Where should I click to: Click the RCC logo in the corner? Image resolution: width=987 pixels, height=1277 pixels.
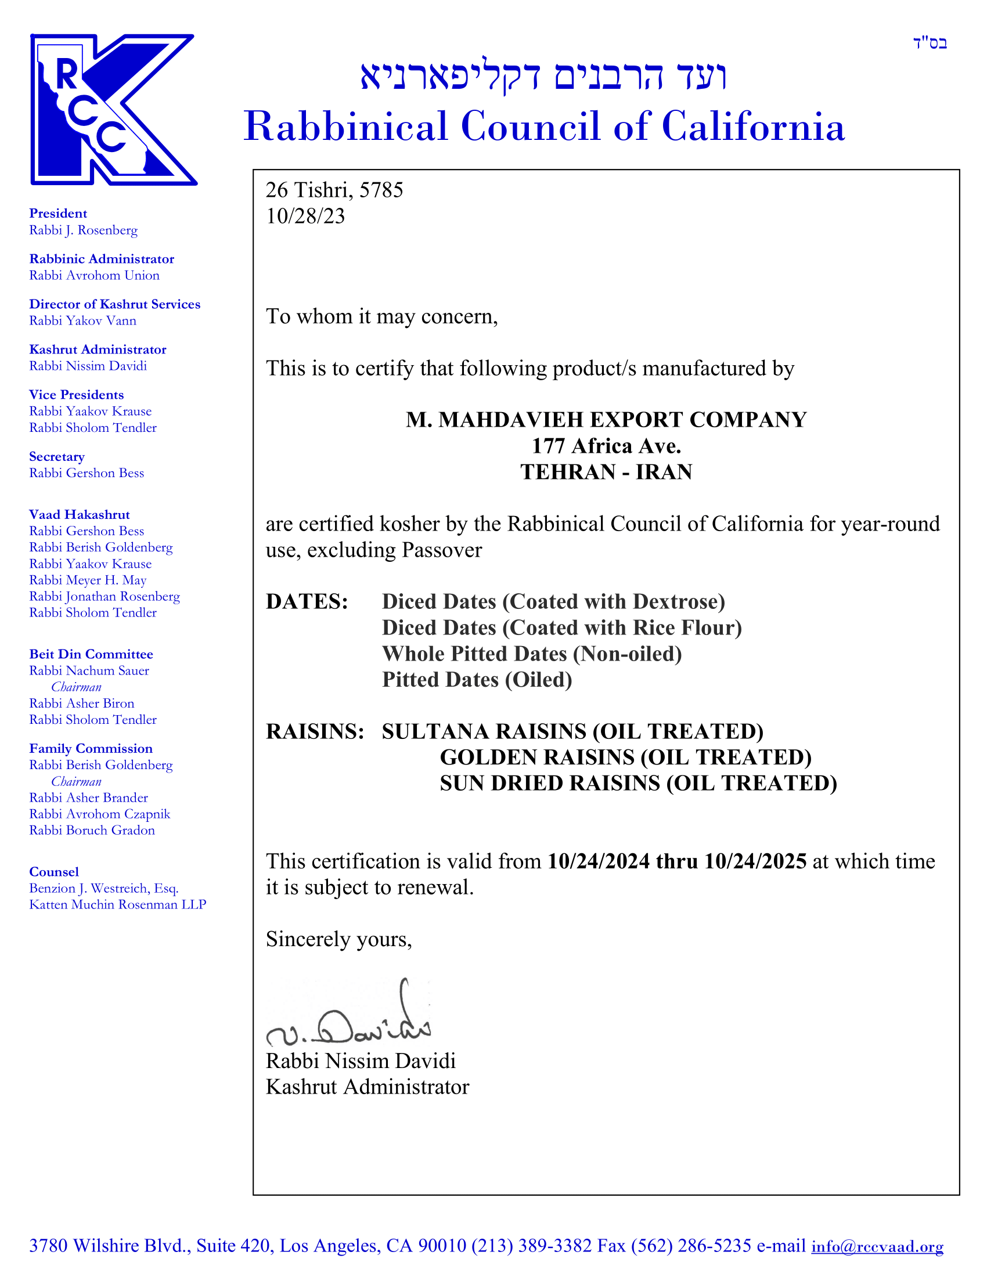point(113,109)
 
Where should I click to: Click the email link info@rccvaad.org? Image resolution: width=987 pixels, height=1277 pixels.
point(877,1246)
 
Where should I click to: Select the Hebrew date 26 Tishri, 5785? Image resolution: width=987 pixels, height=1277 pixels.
point(334,190)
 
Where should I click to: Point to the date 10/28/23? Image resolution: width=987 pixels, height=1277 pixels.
point(305,217)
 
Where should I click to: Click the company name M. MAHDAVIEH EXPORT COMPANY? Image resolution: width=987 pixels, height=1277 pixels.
point(606,420)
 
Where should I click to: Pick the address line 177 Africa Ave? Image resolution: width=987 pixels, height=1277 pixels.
point(606,446)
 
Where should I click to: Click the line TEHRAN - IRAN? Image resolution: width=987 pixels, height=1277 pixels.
point(606,472)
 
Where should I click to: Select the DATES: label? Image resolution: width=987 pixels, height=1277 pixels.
point(307,602)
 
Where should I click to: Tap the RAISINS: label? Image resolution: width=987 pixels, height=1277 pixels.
point(315,731)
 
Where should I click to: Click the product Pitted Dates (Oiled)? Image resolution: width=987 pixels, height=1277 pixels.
point(477,680)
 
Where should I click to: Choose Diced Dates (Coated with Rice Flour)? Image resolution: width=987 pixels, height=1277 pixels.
point(561,628)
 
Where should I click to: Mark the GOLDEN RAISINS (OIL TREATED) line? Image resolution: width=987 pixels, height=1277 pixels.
point(625,757)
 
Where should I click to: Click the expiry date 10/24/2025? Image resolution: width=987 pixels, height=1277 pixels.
point(755,861)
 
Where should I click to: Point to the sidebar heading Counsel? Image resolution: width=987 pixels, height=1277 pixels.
point(54,872)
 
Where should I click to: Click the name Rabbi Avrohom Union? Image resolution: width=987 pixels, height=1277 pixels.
point(94,275)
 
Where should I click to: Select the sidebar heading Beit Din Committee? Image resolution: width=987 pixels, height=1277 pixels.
point(91,654)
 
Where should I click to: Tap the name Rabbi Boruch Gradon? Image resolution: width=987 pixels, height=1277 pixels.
point(92,830)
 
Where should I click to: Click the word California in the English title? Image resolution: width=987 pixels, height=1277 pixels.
point(753,127)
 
